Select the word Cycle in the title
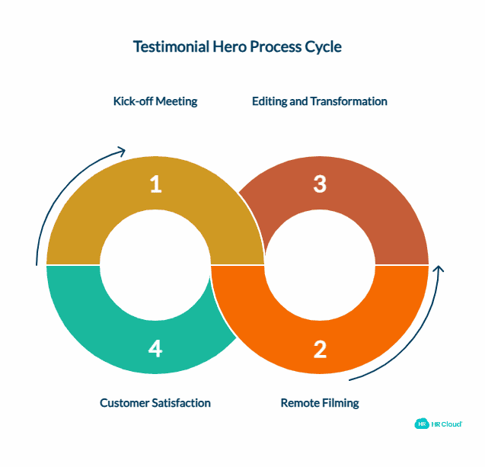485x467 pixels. click(x=323, y=47)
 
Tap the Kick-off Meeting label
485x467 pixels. click(x=155, y=101)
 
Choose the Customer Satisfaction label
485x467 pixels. click(x=155, y=402)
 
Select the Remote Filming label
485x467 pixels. click(x=319, y=402)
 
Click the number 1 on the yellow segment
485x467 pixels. click(x=155, y=184)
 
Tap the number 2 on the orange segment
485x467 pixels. click(x=320, y=349)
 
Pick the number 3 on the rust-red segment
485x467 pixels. click(x=320, y=184)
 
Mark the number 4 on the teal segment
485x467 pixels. click(x=155, y=349)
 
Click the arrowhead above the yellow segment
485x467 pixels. click(x=120, y=151)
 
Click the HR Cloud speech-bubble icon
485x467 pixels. click(x=421, y=424)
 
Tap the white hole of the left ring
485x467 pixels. click(x=155, y=264)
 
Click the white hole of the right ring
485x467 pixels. click(x=320, y=264)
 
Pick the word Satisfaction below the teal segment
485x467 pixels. click(x=180, y=402)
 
